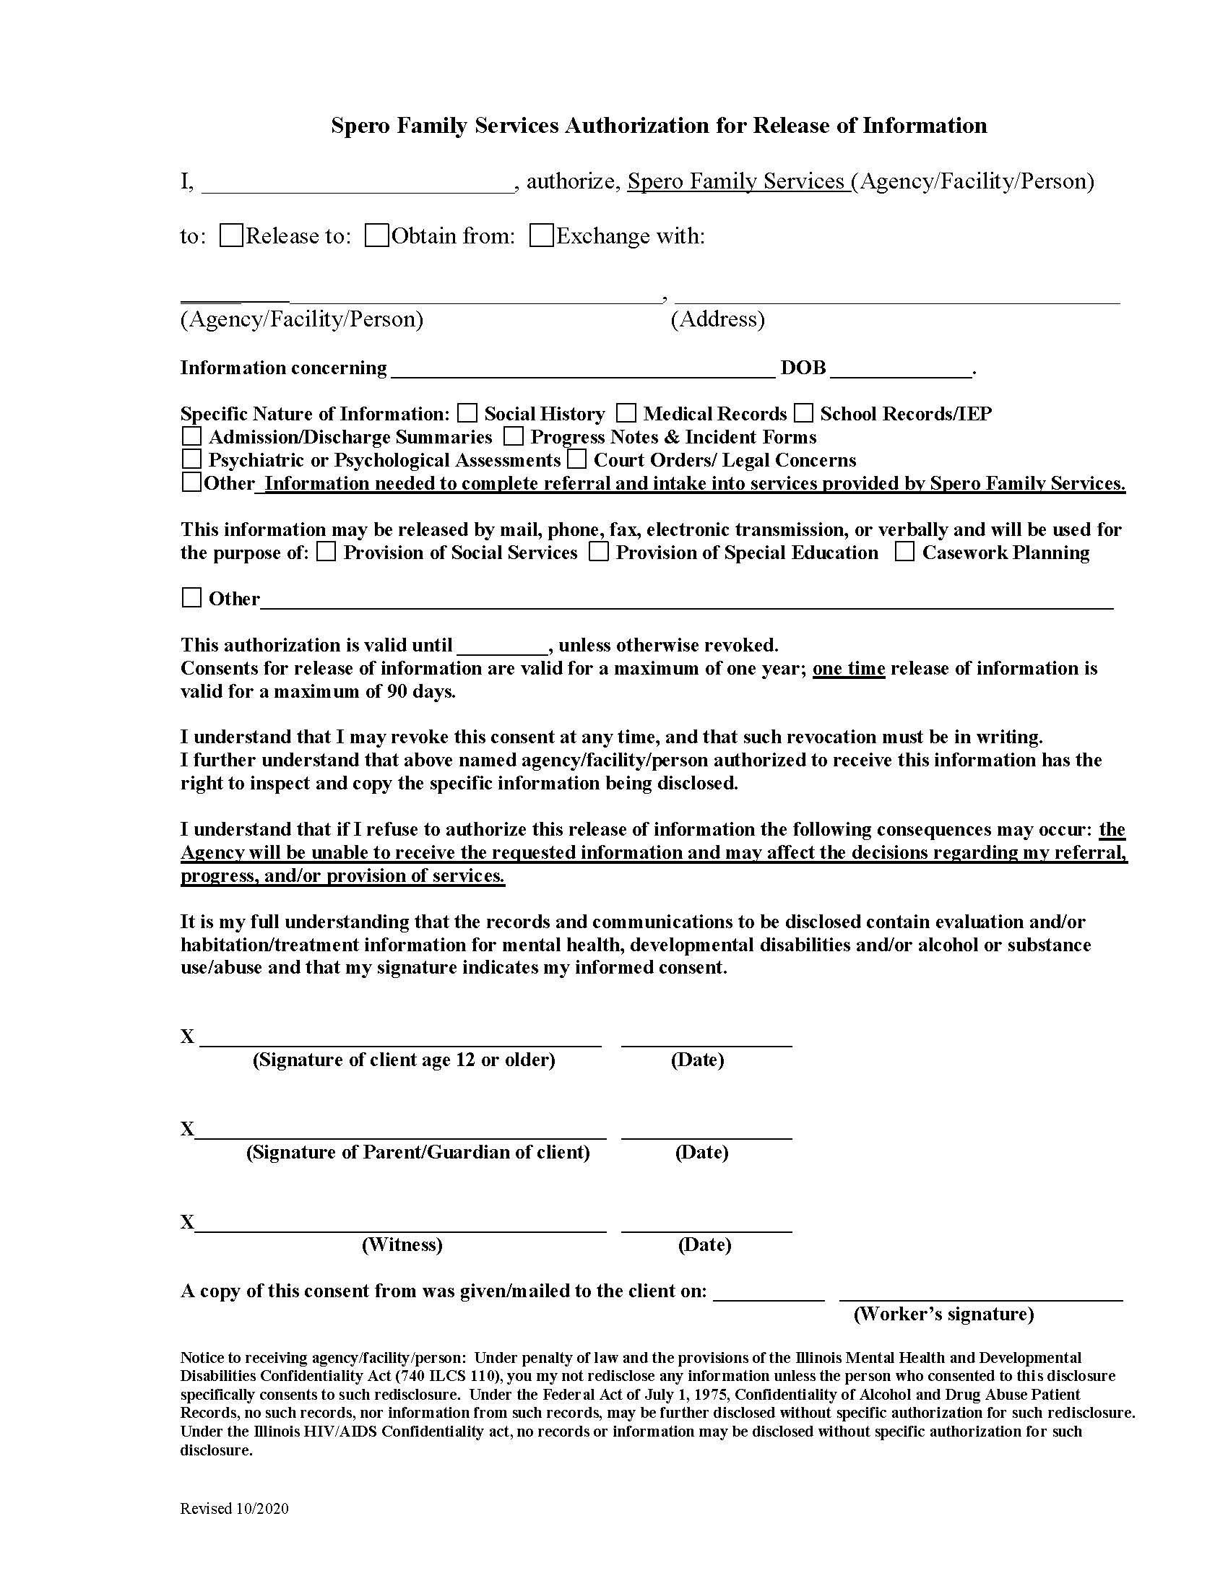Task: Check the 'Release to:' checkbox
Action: pos(230,235)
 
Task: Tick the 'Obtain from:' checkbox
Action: pos(376,235)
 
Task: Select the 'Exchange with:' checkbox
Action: pos(541,235)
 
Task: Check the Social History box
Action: pos(467,413)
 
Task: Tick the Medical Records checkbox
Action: pos(626,413)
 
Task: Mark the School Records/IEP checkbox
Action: pos(803,413)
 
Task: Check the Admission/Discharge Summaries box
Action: pos(191,436)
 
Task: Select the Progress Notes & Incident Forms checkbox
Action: pos(514,436)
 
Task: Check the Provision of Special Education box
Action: pos(599,553)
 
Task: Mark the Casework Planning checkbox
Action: pos(904,553)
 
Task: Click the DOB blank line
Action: pos(901,370)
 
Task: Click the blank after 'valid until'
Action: pos(502,647)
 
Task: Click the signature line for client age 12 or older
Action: pos(400,1037)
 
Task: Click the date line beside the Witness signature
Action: pos(706,1224)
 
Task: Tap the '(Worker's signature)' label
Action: pos(943,1314)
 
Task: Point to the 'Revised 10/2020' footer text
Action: pos(234,1509)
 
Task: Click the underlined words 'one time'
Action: pos(848,668)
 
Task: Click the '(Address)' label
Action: pos(717,319)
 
